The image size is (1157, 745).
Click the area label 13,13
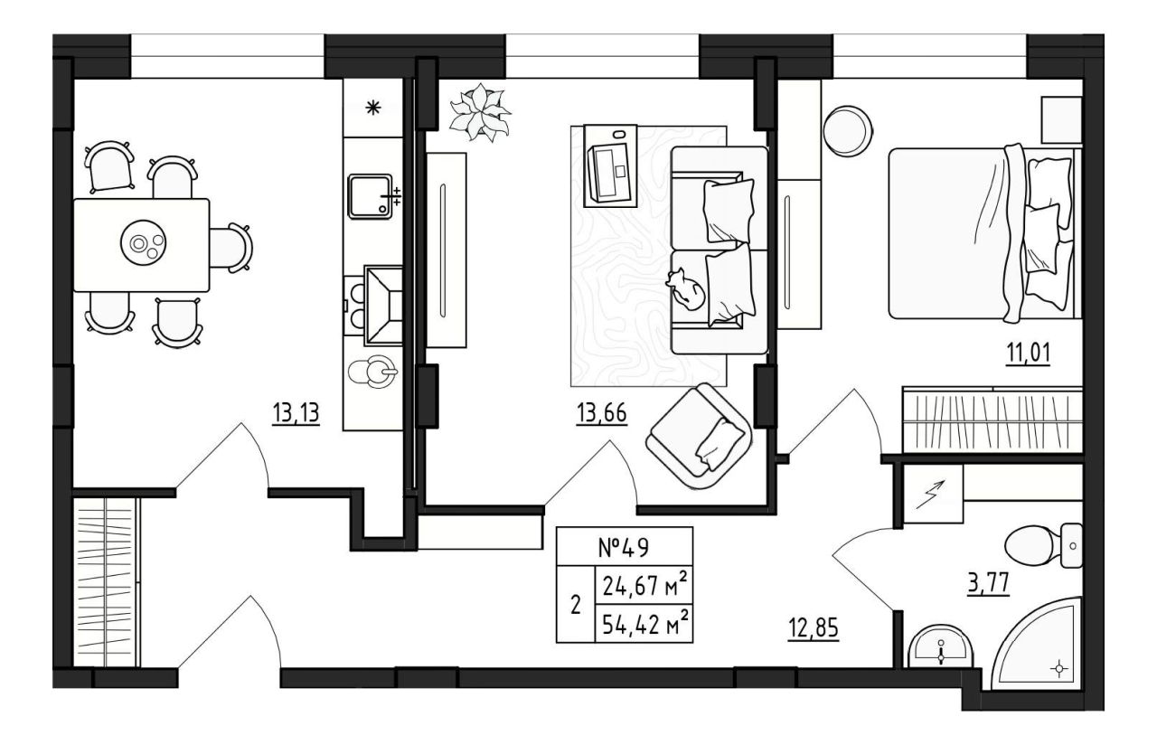296,413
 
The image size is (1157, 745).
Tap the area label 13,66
602,413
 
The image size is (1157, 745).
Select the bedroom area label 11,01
1028,354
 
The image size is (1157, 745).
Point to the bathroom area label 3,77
988,584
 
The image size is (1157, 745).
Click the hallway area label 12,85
814,628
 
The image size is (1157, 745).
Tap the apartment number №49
623,548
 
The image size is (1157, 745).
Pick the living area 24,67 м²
644,586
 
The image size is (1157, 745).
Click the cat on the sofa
685,290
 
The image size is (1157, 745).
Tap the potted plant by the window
480,113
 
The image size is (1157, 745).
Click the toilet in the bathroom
1042,546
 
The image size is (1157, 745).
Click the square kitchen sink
370,196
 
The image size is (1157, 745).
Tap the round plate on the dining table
143,241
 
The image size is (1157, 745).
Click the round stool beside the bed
848,130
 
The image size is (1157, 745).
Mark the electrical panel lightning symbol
930,494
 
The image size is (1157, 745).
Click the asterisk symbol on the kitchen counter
373,108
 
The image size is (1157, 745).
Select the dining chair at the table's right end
231,248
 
